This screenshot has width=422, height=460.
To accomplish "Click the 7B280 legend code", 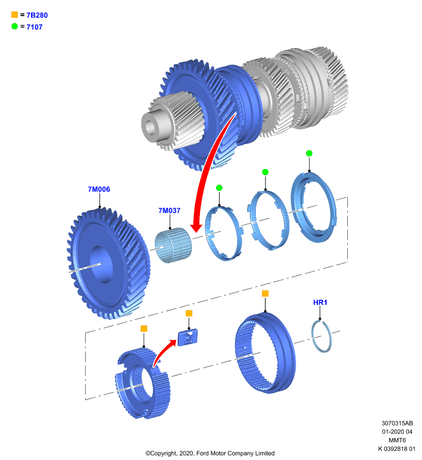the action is coord(37,16).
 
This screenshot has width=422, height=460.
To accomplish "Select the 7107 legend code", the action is coord(34,27).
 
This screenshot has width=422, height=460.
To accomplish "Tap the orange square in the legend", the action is coord(14,14).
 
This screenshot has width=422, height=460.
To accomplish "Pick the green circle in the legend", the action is coord(15,26).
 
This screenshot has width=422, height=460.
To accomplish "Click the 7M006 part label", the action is coord(99,189).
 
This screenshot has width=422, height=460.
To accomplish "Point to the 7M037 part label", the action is coord(169,210).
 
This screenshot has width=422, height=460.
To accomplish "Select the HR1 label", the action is coord(320,302).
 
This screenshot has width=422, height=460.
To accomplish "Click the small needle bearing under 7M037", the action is coord(173,246).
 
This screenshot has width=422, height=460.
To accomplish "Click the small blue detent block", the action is coord(187,338).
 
